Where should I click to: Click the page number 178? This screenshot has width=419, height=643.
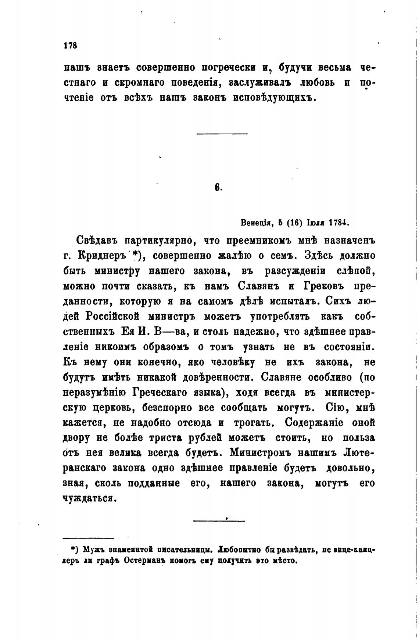(69, 45)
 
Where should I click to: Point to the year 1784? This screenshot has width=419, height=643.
(337, 223)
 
